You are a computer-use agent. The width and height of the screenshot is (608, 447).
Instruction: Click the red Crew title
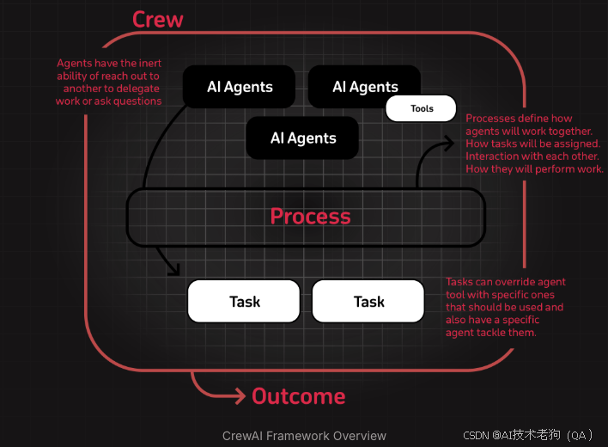click(158, 19)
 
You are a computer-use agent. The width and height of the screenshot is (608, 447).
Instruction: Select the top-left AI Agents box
click(240, 87)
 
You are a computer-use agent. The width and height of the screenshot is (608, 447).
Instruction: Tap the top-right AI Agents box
click(364, 87)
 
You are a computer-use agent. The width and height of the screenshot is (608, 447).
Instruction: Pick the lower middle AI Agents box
click(303, 138)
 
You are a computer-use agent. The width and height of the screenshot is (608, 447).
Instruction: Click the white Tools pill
click(422, 109)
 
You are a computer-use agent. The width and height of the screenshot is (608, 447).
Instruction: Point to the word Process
click(310, 216)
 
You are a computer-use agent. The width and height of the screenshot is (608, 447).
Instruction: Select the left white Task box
click(244, 302)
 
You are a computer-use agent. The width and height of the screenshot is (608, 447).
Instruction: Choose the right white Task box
click(368, 302)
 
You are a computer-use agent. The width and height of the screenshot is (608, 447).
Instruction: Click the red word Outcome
click(298, 396)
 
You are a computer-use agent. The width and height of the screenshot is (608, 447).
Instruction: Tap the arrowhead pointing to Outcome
click(240, 396)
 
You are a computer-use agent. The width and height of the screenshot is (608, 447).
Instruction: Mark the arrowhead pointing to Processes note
click(450, 143)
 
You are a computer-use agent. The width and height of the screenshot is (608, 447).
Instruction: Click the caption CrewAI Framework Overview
click(304, 436)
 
